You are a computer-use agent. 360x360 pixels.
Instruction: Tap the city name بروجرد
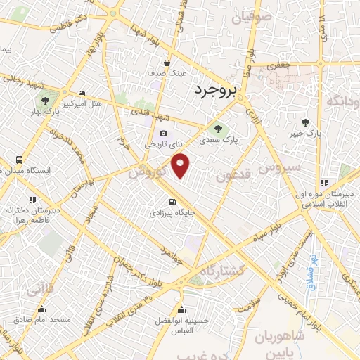[215, 89]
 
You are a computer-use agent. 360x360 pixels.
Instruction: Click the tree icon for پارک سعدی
[215, 128]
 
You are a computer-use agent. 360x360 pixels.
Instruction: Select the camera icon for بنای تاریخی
[164, 134]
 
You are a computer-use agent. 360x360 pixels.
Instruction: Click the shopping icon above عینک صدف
[167, 62]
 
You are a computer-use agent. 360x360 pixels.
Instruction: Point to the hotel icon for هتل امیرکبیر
[82, 94]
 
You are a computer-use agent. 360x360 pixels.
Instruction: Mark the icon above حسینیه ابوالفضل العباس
[182, 309]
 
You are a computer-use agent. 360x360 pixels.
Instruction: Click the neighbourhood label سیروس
[278, 167]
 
